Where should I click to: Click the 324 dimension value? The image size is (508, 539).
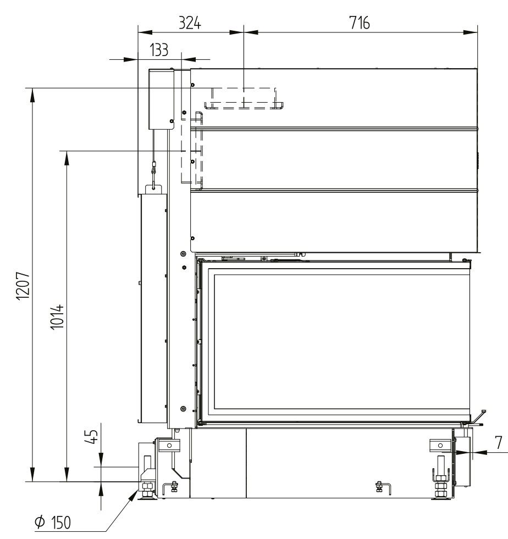coord(190,24)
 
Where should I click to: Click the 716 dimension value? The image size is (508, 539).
coord(360,24)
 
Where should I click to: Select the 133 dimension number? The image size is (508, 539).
coord(159,50)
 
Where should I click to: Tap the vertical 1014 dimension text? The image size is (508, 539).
coord(56,316)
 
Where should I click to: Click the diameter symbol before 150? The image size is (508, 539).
coord(40,523)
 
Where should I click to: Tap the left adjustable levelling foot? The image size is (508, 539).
coord(148,491)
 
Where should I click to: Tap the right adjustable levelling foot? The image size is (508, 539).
coord(440,491)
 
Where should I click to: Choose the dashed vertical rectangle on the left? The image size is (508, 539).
coord(192,148)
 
